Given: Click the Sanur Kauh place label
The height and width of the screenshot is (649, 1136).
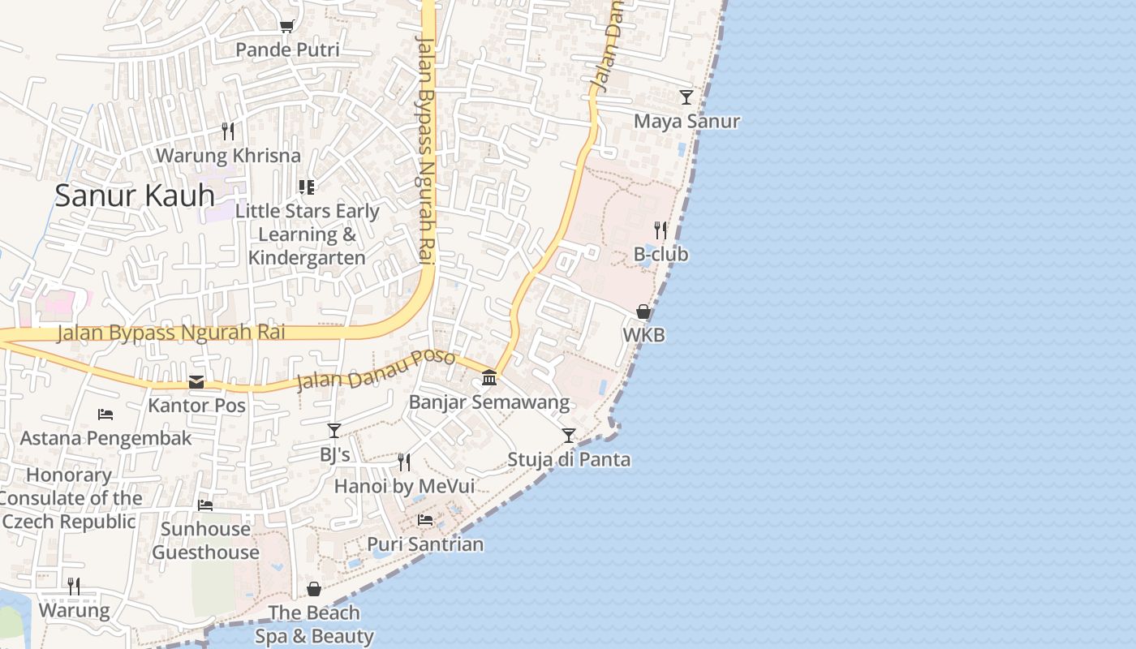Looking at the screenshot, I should point(135,196).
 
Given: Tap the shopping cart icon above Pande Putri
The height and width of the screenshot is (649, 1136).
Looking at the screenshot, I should point(286,27).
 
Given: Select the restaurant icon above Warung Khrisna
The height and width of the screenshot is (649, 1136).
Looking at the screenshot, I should point(228,131).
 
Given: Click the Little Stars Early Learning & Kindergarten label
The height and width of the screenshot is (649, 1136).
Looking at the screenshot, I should point(307,234).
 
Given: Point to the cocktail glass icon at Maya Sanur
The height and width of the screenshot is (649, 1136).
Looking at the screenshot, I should point(686,97).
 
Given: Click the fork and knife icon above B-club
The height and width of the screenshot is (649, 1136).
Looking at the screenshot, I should point(661,230).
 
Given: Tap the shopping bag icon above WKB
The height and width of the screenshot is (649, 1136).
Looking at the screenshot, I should point(643,312).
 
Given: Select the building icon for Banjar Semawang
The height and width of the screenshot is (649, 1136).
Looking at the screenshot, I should point(489,378).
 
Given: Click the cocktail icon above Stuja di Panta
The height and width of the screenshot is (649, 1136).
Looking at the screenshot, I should point(569,436).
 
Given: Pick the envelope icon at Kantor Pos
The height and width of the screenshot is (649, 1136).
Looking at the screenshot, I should point(196,382).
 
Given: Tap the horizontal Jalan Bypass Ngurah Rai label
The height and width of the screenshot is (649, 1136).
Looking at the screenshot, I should point(170,333).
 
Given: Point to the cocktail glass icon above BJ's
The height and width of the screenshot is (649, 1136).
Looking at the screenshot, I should point(334,431).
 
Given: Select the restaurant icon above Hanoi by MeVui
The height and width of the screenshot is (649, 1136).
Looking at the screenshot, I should point(404,462).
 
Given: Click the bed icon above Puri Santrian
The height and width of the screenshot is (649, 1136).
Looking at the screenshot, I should point(425,520).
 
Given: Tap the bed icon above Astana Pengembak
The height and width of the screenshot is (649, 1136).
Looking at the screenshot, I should point(105,415).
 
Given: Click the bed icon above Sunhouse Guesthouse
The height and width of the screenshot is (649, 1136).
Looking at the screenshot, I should point(205,505).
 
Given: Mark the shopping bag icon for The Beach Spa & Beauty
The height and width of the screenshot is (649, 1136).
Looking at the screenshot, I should point(314,589).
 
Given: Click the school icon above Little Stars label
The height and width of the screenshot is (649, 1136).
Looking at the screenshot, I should point(307,187).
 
